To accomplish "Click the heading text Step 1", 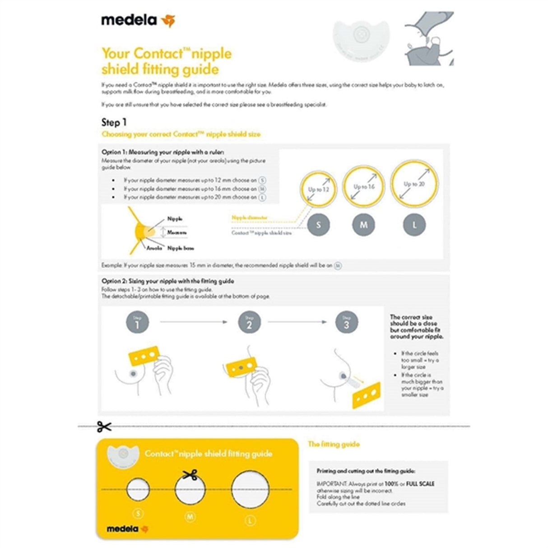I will click(x=114, y=122).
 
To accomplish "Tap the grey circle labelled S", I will click(x=319, y=224).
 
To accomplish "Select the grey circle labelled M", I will click(x=364, y=224).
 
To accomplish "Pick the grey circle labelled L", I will click(x=414, y=224).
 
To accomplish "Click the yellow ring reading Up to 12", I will click(x=319, y=190).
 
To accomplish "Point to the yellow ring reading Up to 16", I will click(x=364, y=186).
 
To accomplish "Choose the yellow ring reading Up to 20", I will click(x=414, y=183).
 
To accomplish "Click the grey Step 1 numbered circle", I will click(x=137, y=322).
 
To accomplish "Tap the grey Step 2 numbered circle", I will click(x=249, y=322).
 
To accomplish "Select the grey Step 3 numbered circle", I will click(x=346, y=322).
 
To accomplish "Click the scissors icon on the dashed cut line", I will click(x=104, y=426).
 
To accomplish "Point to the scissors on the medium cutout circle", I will click(x=190, y=474).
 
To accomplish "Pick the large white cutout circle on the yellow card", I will click(x=251, y=490).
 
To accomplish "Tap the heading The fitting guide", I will click(x=334, y=444).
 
